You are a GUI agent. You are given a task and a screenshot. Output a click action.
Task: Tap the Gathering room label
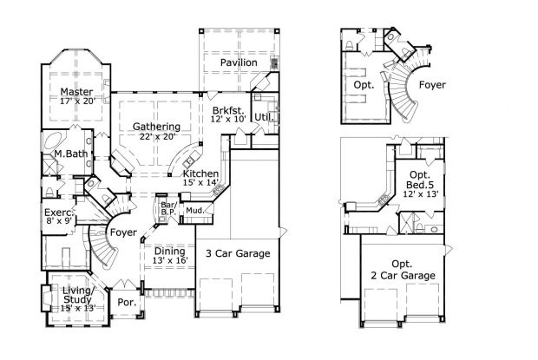tap(156, 127)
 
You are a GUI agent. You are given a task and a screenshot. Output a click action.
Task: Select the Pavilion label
tap(238, 63)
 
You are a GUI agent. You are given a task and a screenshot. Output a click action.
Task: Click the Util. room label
tap(263, 116)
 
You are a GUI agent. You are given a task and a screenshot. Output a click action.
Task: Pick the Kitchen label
tap(200, 173)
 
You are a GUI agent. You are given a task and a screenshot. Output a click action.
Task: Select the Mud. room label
tap(194, 210)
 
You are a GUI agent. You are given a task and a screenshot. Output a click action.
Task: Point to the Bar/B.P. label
tap(168, 209)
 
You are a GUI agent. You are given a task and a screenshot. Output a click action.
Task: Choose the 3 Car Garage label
tap(237, 253)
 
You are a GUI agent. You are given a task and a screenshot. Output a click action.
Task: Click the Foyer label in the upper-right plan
tap(432, 86)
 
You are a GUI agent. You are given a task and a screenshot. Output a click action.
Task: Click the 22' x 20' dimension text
tap(155, 136)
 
